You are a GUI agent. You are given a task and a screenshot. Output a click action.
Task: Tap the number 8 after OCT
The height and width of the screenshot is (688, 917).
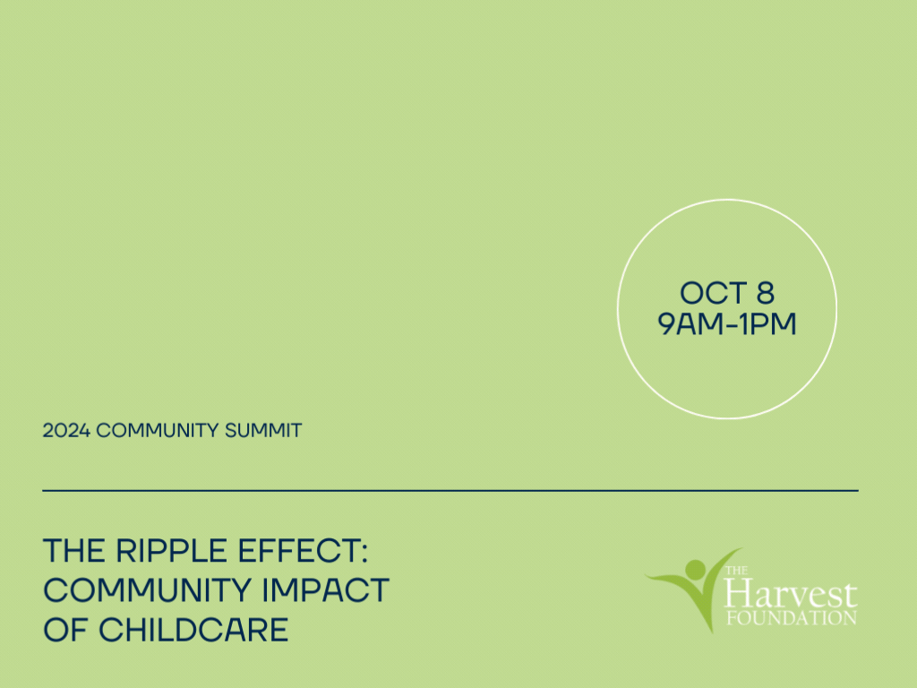[766, 293]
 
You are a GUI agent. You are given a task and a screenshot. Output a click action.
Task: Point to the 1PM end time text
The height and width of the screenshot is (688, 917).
[767, 323]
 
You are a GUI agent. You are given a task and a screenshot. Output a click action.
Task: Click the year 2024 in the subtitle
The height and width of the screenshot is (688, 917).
[66, 431]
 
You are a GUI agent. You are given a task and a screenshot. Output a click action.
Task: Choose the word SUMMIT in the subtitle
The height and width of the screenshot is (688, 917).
[263, 431]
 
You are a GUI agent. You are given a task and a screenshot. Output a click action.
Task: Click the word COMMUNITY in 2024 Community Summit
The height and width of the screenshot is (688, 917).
[157, 431]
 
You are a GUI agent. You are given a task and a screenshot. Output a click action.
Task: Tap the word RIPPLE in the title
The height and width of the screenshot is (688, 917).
[171, 551]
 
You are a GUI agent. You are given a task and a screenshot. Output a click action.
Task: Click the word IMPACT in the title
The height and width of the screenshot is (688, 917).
[325, 589]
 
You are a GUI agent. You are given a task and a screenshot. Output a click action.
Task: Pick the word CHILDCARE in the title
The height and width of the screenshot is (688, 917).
[193, 630]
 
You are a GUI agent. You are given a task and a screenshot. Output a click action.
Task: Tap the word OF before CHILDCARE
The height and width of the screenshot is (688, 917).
[64, 630]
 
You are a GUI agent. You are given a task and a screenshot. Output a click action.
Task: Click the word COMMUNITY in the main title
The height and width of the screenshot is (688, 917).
[147, 589]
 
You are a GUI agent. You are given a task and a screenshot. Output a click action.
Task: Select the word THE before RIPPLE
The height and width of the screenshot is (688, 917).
[73, 551]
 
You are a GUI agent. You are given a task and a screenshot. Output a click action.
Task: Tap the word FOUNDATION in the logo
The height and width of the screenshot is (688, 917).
[792, 618]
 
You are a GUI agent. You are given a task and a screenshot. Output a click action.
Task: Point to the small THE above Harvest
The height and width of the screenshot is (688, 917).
[736, 571]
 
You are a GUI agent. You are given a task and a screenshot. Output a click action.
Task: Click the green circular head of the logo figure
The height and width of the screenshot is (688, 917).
[695, 569]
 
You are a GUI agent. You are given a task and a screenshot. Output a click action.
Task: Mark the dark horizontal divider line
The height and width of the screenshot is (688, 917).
[450, 490]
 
